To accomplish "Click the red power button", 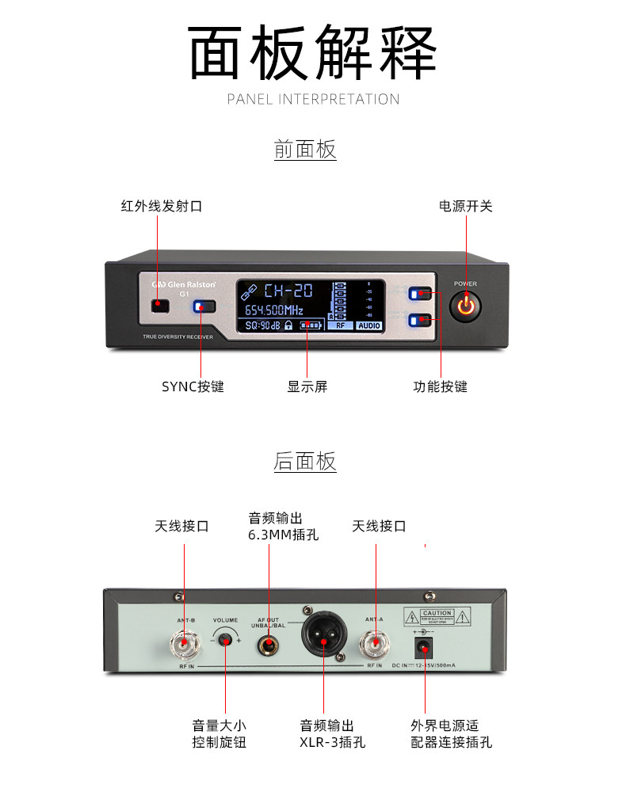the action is click(465, 307).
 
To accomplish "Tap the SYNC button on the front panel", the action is click(205, 307).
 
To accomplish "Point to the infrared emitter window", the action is click(161, 305).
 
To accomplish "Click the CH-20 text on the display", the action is click(288, 290).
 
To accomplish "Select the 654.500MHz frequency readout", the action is click(273, 309).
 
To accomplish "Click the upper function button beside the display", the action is click(421, 294).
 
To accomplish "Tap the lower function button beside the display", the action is click(421, 320).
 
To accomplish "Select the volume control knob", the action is click(227, 638).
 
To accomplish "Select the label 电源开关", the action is click(466, 206).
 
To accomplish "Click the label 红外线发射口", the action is click(162, 206).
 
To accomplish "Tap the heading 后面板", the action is click(305, 461).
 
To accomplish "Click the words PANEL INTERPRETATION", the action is click(313, 99).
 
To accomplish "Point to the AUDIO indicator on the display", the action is click(368, 326).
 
